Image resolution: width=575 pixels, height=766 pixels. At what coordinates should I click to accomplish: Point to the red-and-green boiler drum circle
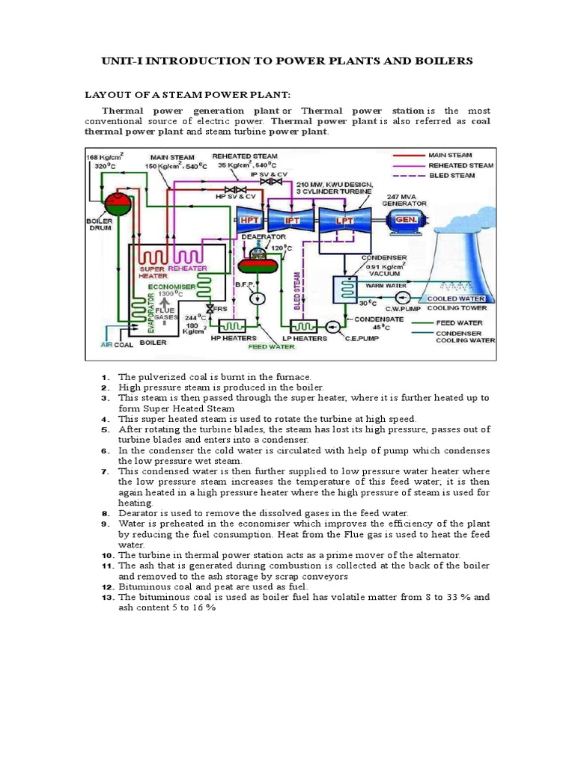[116, 201]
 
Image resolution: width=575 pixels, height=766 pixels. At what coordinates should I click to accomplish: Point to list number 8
[106, 513]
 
